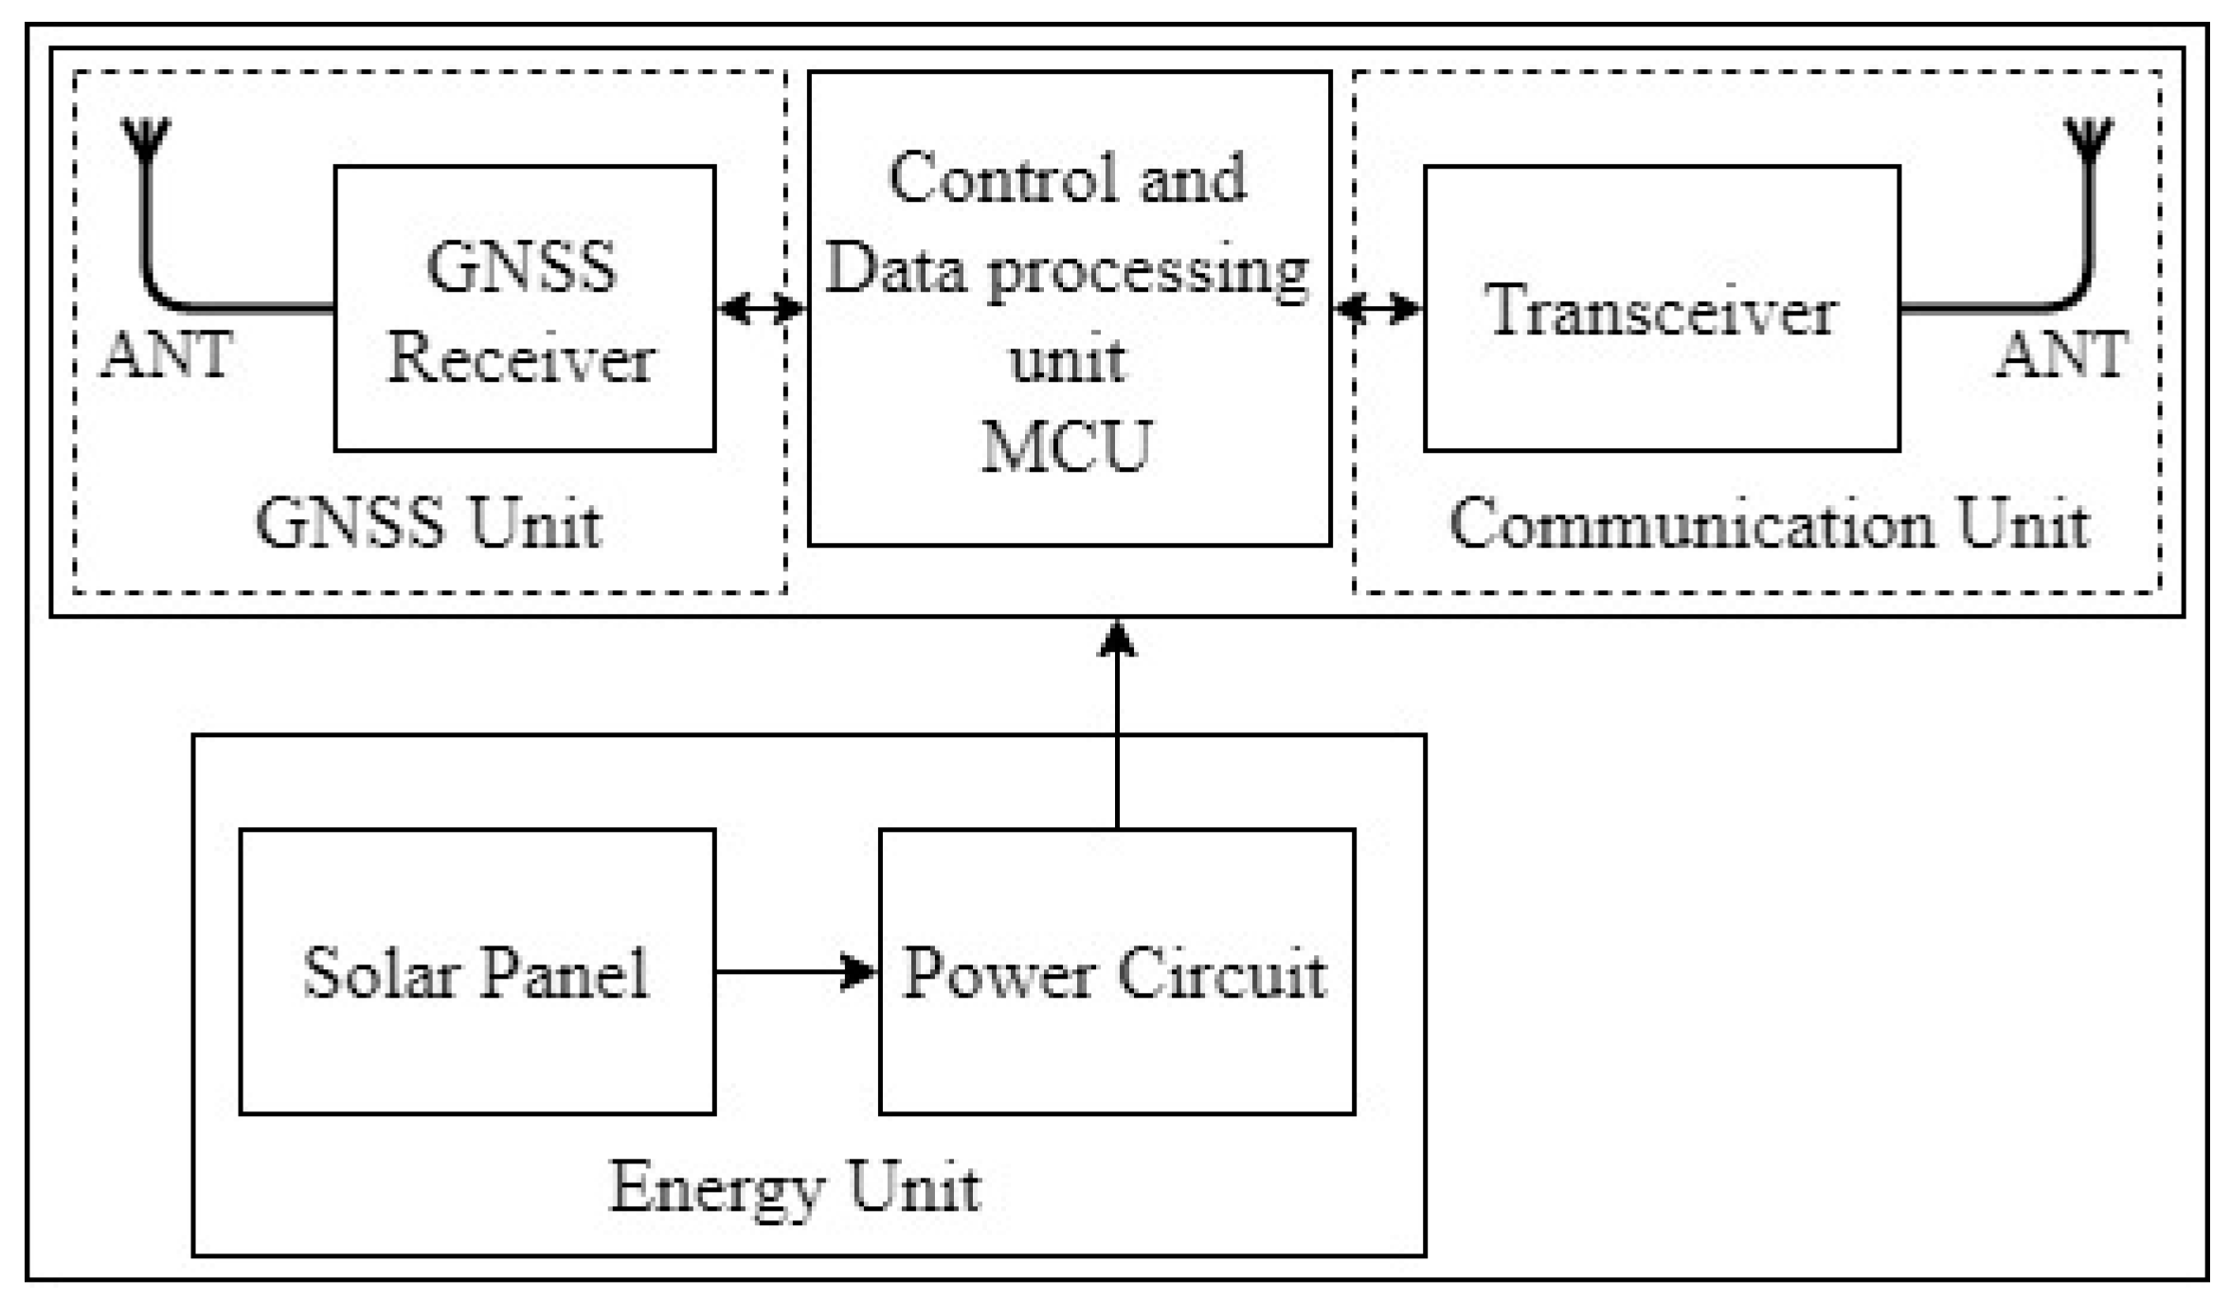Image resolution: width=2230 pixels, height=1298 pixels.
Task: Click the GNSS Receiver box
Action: pyautogui.click(x=524, y=309)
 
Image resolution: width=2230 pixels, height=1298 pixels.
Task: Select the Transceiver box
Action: pyautogui.click(x=1661, y=309)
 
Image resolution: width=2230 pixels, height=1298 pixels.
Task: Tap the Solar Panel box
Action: pyautogui.click(x=477, y=971)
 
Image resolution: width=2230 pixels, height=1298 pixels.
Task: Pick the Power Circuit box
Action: pyautogui.click(x=1116, y=971)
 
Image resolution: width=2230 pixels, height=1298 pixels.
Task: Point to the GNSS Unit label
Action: pyautogui.click(x=428, y=524)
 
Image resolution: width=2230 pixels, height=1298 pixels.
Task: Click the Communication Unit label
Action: pyautogui.click(x=1769, y=524)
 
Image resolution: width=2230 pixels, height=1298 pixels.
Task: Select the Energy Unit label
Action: pyautogui.click(x=794, y=1186)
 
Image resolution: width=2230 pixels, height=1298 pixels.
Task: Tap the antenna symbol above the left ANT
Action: pyautogui.click(x=147, y=138)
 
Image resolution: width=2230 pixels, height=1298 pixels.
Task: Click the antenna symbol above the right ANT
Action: pyautogui.click(x=2089, y=138)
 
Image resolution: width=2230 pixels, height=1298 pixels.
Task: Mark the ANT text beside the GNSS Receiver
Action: pyautogui.click(x=167, y=355)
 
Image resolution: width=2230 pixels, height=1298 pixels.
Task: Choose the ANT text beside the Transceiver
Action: pyautogui.click(x=2062, y=355)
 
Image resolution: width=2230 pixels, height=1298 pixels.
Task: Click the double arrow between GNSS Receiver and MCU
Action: pyautogui.click(x=761, y=308)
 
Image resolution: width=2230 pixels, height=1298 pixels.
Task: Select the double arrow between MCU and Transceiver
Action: pyautogui.click(x=1377, y=308)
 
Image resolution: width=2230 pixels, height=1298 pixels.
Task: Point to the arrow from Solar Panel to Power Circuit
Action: pyautogui.click(x=796, y=971)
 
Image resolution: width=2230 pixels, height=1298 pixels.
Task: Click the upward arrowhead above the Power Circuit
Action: pyautogui.click(x=1117, y=640)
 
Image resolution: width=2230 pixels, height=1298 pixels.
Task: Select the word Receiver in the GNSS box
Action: pyautogui.click(x=522, y=359)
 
